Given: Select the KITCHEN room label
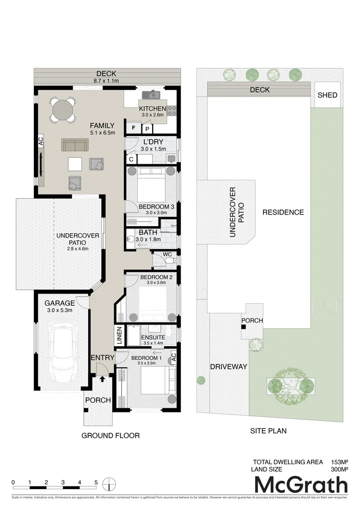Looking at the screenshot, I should click(152, 109).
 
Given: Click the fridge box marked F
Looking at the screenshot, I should click(133, 127).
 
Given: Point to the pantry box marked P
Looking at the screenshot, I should click(147, 128).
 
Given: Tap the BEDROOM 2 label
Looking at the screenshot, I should click(156, 278).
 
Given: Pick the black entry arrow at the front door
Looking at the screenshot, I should click(102, 373).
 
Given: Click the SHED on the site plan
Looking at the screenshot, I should click(327, 95).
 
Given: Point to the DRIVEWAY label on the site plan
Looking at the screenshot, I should click(229, 367).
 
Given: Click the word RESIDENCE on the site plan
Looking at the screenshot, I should click(283, 212).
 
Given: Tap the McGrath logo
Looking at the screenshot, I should click(301, 485).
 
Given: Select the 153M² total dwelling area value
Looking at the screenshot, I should click(338, 461).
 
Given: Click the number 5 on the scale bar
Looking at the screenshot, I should click(96, 483).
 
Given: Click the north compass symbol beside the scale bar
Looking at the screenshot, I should click(109, 483).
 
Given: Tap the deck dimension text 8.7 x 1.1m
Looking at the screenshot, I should click(106, 81).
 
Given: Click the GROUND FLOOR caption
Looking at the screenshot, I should click(111, 436).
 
